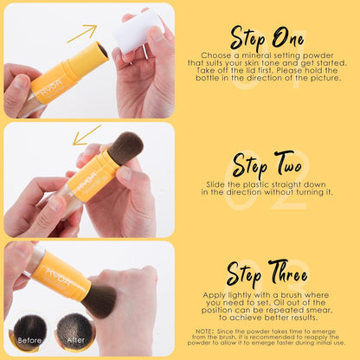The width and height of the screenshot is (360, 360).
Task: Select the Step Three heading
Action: [266, 273]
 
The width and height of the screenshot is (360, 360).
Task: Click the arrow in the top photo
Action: [82, 33]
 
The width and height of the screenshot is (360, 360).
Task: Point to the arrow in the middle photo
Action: [86, 136]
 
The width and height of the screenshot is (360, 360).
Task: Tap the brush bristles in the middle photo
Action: [125, 147]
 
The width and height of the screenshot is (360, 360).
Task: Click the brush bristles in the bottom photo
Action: [100, 299]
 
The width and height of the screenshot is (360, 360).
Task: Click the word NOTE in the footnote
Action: [205, 330]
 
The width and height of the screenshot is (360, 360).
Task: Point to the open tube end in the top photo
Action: [100, 52]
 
